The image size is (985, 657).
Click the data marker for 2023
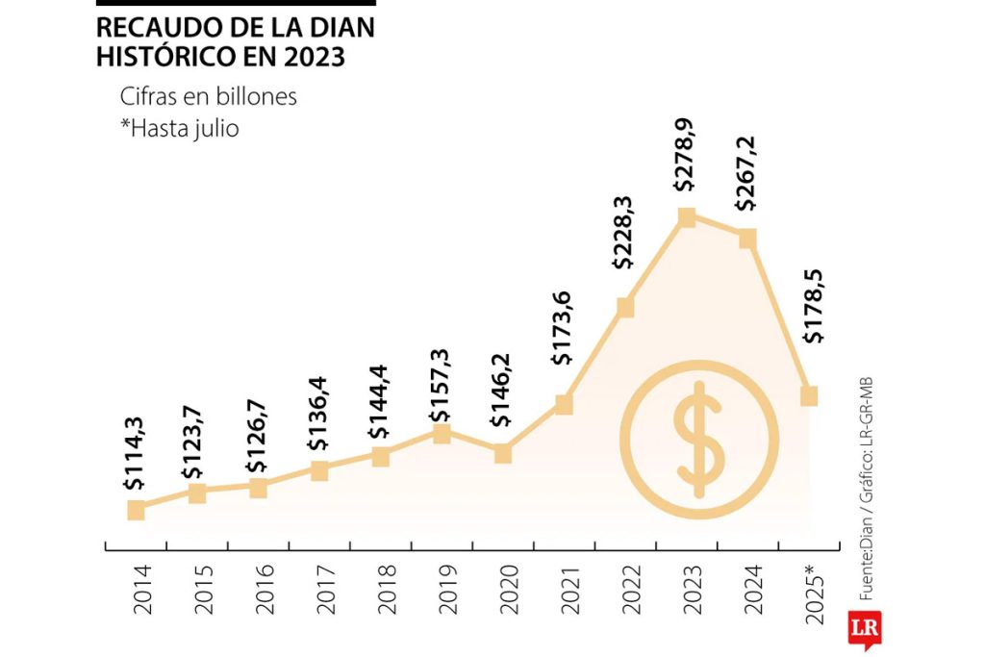[x=687, y=217]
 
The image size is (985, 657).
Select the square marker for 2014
[x=136, y=510]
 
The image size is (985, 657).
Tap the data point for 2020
[x=503, y=453]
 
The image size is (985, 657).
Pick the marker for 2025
[x=809, y=395]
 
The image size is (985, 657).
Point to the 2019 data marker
[x=442, y=434]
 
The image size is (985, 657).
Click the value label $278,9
[x=687, y=169]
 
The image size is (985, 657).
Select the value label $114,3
[x=136, y=463]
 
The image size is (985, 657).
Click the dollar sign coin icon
[x=699, y=439]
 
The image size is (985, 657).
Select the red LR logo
[x=864, y=630]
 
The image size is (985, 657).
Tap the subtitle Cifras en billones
[x=208, y=97]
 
